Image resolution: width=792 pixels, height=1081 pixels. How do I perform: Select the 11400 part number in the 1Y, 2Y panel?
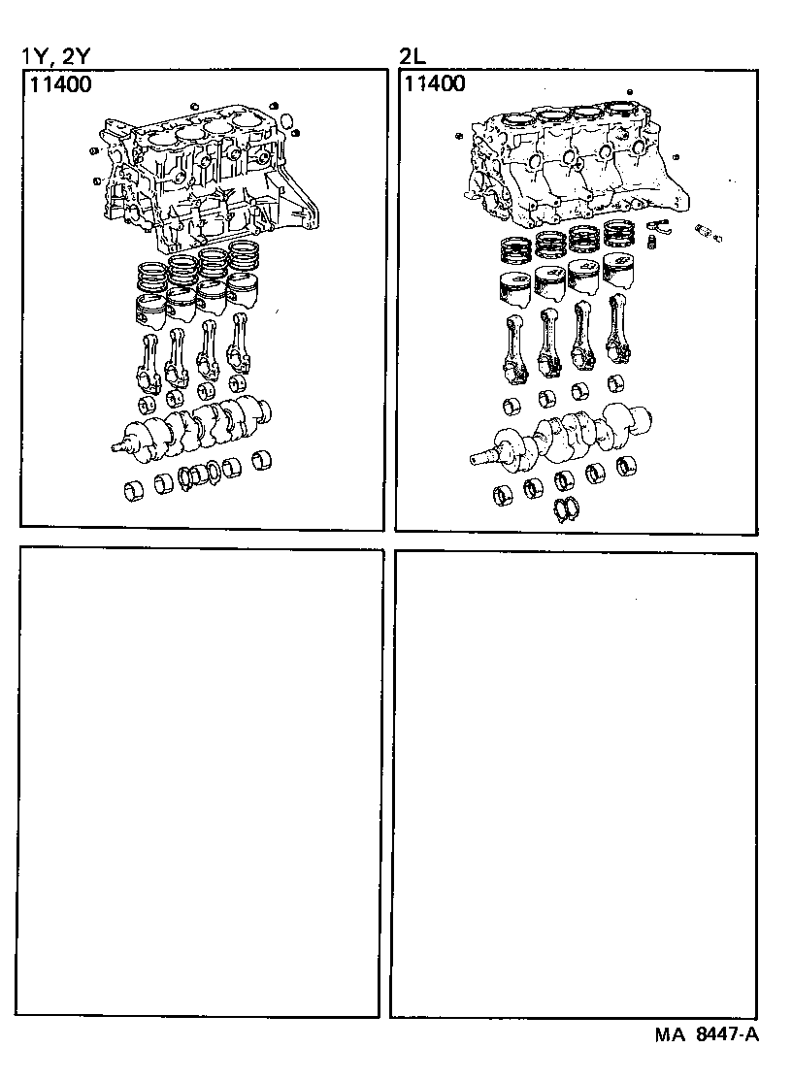pyautogui.click(x=60, y=84)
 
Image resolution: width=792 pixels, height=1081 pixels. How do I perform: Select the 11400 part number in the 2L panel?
pyautogui.click(x=434, y=84)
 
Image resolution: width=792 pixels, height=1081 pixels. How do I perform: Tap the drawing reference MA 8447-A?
pyautogui.click(x=706, y=1035)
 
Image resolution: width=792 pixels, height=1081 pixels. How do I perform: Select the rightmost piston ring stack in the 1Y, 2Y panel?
pyautogui.click(x=243, y=260)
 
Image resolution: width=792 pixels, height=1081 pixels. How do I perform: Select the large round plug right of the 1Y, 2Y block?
pyautogui.click(x=287, y=119)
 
